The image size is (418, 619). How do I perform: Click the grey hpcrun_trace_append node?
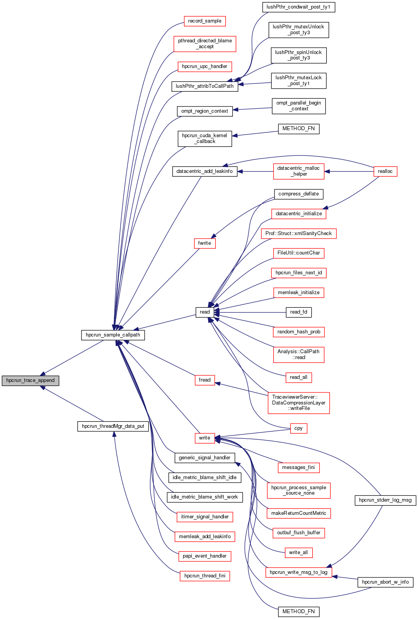[30, 380]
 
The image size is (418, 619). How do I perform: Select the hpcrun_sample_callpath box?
[113, 335]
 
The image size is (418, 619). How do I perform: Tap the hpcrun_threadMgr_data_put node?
[113, 426]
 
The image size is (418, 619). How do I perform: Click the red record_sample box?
[205, 21]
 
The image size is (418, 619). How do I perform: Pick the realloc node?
[385, 171]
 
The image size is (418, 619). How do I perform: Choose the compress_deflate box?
[298, 194]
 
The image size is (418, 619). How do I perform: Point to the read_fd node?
[298, 312]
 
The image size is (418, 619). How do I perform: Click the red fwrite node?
[205, 243]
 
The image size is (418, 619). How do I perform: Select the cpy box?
[298, 428]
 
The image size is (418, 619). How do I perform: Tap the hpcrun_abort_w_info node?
[385, 582]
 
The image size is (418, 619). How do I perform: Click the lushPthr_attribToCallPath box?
[205, 86]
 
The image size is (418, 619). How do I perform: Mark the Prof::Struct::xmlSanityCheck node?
[298, 234]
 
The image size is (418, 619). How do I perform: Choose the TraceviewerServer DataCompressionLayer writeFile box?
[298, 403]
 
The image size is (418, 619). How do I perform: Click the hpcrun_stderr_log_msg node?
[385, 500]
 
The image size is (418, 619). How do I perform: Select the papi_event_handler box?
[205, 556]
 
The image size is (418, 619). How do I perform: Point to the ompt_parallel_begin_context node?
[298, 106]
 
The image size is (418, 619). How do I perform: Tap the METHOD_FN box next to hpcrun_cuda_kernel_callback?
[298, 129]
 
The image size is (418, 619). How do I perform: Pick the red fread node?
[205, 380]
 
